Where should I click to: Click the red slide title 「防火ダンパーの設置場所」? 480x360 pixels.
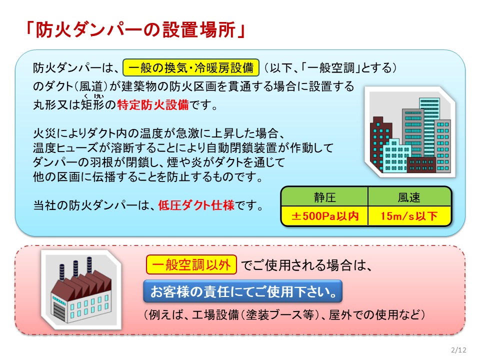(136, 30)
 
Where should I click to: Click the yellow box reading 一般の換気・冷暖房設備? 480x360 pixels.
(190, 67)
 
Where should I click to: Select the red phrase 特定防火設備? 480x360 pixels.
(153, 105)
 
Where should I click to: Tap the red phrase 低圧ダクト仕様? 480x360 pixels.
(196, 205)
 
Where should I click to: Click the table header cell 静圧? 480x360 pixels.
(324, 197)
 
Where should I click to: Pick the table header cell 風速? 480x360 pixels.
(409, 197)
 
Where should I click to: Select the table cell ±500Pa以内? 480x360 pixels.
(324, 216)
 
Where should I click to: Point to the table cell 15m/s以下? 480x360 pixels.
(409, 216)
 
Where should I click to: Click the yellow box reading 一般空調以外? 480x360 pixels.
(191, 264)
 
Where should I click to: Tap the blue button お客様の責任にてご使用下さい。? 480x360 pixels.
(242, 291)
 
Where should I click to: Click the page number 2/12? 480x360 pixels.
(458, 350)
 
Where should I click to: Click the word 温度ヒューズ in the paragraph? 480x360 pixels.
(65, 148)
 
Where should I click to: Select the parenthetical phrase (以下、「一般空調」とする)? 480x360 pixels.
(329, 67)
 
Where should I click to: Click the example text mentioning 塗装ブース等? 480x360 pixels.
(284, 314)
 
